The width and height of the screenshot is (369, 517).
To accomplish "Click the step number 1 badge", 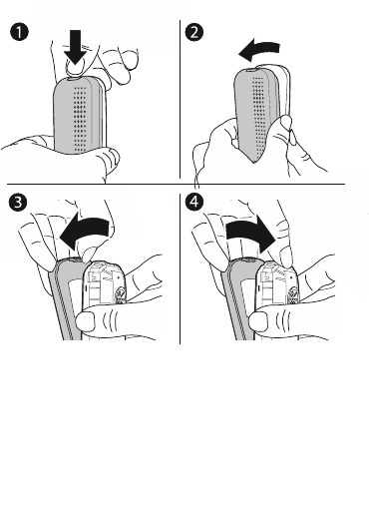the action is [19, 32].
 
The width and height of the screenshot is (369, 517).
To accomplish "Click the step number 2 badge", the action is [193, 32].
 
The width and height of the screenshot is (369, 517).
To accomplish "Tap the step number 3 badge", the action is [18, 203].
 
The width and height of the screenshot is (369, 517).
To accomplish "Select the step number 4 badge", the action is [194, 202].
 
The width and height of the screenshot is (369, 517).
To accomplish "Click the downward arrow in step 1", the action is [76, 47].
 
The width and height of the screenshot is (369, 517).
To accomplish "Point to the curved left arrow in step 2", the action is [259, 50].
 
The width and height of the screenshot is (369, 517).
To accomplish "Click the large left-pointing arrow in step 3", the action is [85, 233].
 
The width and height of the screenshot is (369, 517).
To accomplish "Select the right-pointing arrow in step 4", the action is [251, 233].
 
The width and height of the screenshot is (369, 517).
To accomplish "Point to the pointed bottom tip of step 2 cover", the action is [254, 162].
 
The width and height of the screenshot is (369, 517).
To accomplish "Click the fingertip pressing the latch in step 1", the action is [74, 68].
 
